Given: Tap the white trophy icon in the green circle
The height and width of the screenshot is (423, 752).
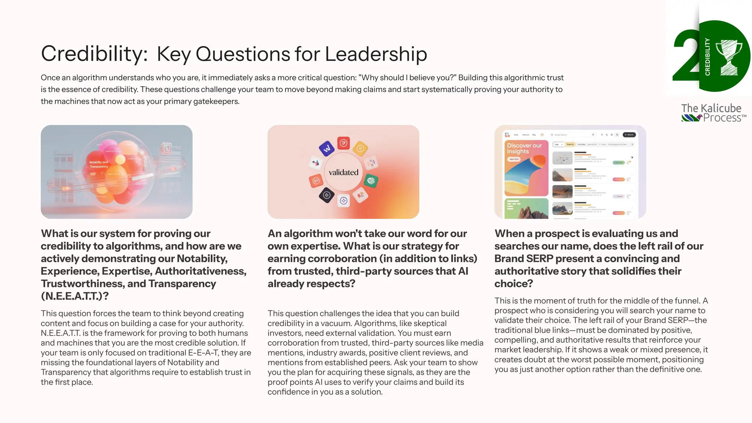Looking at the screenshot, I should [x=729, y=57].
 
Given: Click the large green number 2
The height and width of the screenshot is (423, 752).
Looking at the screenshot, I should [x=685, y=57].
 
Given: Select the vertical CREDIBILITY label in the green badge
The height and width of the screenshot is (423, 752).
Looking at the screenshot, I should [x=707, y=57].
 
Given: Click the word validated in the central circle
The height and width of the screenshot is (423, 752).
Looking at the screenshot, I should [x=343, y=172].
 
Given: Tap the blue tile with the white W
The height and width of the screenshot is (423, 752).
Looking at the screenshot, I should [x=326, y=148].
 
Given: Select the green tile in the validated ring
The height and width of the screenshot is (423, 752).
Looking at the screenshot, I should [x=371, y=181].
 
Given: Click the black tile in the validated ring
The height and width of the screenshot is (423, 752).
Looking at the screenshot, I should [x=326, y=195].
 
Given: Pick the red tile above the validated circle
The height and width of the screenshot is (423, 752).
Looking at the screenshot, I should [x=344, y=143].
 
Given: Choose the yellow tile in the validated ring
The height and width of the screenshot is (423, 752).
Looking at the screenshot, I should [x=360, y=149].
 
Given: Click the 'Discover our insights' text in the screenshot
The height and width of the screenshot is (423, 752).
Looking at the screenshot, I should [x=524, y=148].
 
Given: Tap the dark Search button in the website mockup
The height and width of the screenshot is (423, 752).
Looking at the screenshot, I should [x=629, y=135].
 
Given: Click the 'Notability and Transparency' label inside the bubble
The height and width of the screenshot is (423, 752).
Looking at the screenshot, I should [x=98, y=164].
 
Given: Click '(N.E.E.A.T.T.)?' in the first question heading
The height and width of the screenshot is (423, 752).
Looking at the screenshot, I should [x=75, y=296].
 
